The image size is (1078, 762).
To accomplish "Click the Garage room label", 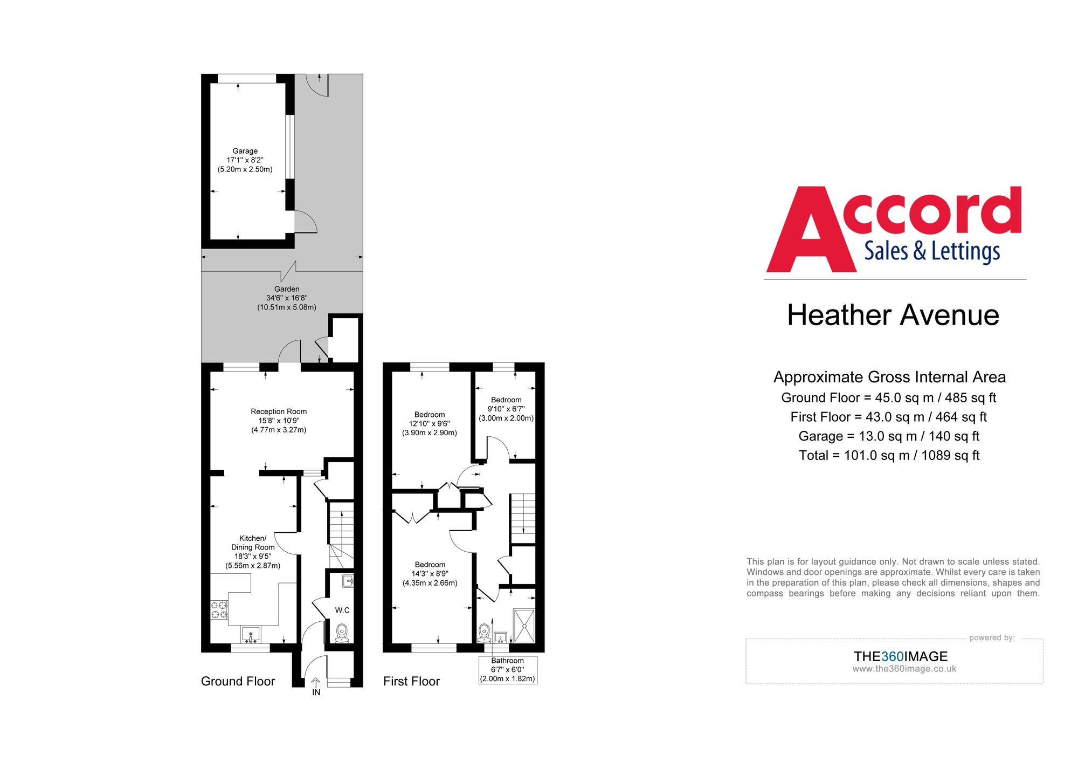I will pos(245,151).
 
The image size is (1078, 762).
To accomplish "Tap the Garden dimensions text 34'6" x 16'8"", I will pos(286,298).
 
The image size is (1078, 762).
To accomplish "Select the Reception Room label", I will pos(278,411).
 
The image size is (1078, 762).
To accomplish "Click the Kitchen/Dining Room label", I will pos(253,543).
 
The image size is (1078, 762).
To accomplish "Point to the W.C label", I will pos(342,610).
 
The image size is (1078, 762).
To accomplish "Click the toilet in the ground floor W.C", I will pos(342,632).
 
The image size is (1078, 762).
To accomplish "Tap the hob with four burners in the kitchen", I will pos(219,610).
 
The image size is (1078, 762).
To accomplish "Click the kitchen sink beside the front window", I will pos(250,634).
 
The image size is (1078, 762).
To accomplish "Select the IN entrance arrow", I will pos(316,684).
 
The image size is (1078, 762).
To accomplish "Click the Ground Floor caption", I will pos(238,681).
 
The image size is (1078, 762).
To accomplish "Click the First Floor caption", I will pos(411,681).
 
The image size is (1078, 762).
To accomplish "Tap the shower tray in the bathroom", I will pos(524,626).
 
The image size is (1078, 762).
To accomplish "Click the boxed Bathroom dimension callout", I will pos(507,670).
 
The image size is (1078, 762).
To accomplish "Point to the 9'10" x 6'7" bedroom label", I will pos(506,409).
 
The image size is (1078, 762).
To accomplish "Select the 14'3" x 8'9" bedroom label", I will pos(430,574).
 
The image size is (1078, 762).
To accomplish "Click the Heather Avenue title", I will pos(893,315).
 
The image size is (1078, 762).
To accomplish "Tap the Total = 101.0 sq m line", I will pos(889,455).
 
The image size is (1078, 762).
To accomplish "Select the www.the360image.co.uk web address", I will pos(904,669).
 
